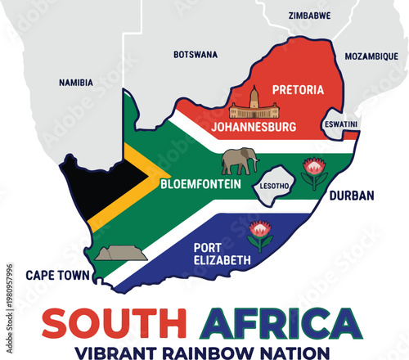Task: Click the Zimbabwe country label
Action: (x=309, y=15)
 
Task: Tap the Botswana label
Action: (x=196, y=55)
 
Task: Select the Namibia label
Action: (x=76, y=83)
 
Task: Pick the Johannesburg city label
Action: (x=254, y=128)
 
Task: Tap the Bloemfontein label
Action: (x=200, y=185)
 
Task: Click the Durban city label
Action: (x=352, y=196)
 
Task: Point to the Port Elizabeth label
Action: (x=222, y=254)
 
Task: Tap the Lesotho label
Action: (x=274, y=186)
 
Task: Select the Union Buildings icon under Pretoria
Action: (x=254, y=107)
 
